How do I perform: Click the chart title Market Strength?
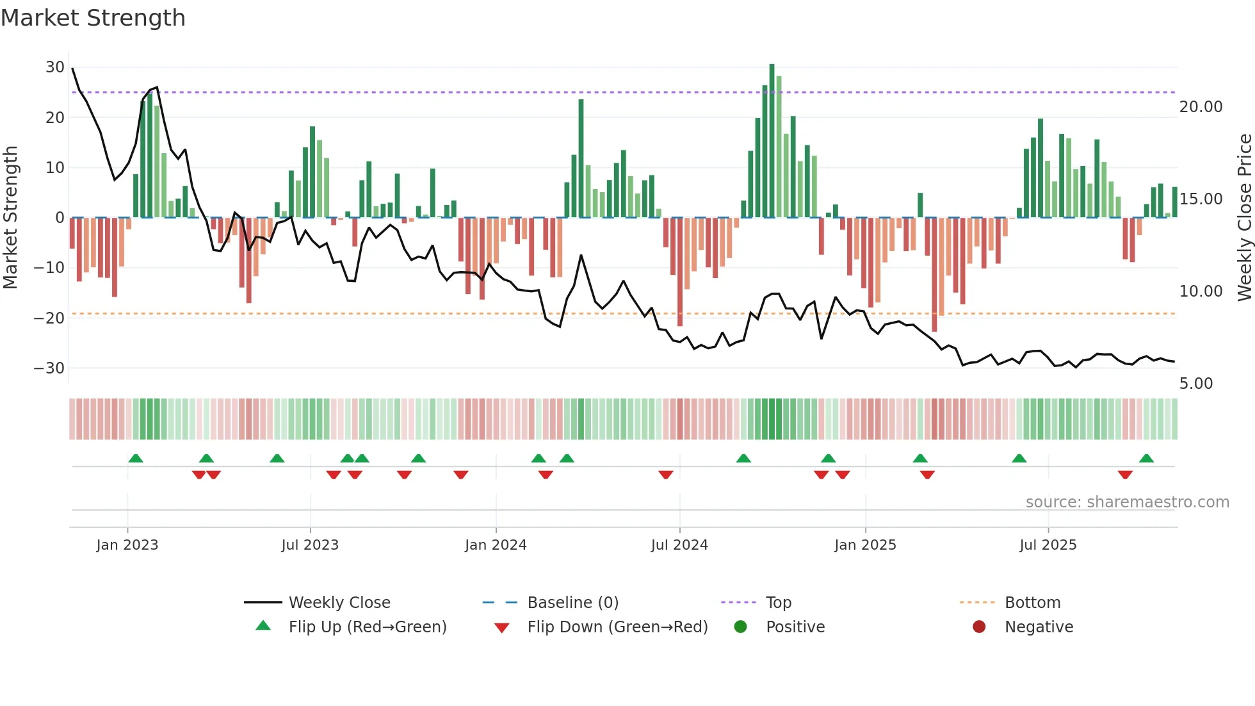point(93,18)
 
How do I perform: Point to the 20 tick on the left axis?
point(54,117)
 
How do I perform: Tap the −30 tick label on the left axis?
point(49,368)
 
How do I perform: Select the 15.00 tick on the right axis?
point(1201,199)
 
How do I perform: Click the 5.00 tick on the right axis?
point(1195,384)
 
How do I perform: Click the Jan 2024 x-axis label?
point(496,545)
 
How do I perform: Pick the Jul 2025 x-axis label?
point(1048,545)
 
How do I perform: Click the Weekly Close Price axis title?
point(1244,218)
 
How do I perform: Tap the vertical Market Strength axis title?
point(10,218)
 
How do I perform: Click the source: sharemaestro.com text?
point(1127,502)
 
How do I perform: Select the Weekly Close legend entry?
point(339,603)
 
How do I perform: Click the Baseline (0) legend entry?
point(572,603)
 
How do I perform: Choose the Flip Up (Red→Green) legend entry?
point(367,627)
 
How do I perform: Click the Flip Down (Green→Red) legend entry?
point(617,627)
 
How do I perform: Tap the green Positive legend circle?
point(741,627)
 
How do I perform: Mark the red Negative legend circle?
point(979,627)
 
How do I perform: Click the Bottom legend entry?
point(1032,603)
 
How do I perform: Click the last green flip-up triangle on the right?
point(1146,459)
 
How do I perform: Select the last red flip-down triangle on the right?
point(1125,475)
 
